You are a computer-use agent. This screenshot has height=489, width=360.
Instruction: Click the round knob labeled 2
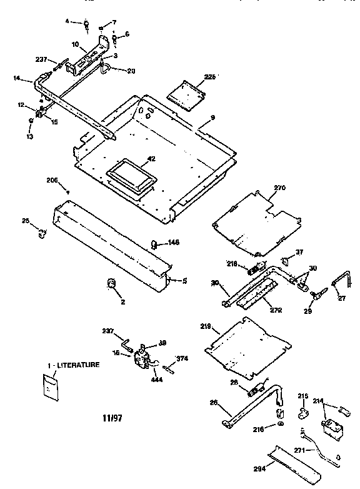click(x=112, y=285)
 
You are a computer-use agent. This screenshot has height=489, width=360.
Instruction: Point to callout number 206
click(x=52, y=180)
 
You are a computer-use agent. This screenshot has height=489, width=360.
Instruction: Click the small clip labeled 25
click(x=43, y=233)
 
